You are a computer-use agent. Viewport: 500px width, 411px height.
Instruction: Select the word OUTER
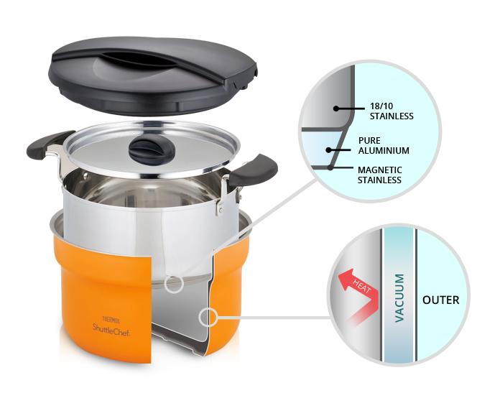[440, 300]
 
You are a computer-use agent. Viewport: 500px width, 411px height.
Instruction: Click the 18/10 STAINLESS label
[392, 110]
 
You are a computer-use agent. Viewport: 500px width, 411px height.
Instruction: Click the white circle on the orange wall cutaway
[209, 315]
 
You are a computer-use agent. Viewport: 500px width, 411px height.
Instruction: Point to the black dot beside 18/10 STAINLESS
[335, 108]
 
